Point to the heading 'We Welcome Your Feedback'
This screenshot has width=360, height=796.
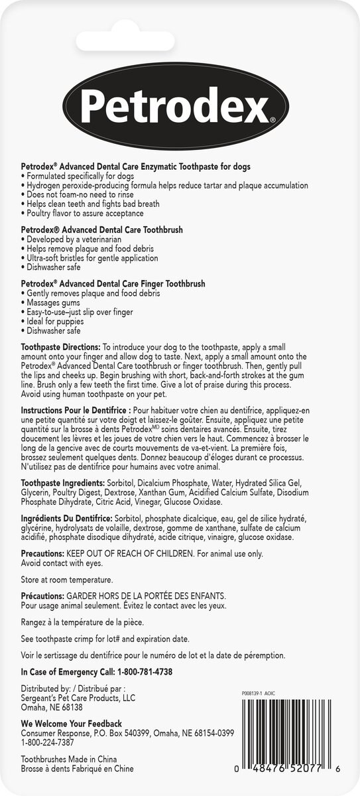pyautogui.click(x=72, y=723)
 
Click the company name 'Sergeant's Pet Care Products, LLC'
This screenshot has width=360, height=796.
pyautogui.click(x=78, y=698)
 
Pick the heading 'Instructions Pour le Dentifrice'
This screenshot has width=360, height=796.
pyautogui.click(x=76, y=411)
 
